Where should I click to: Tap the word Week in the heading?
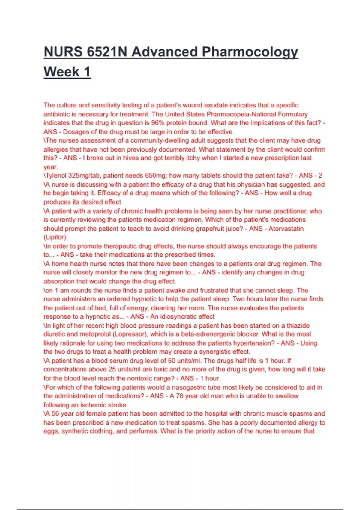(x=61, y=72)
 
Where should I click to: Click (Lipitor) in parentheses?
(x=55, y=237)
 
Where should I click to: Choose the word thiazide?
(x=298, y=325)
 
